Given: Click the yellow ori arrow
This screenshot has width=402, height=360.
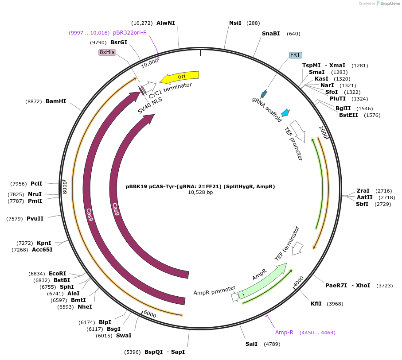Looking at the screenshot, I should coord(180,77).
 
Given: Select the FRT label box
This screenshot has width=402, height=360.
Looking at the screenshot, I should coord(295,55).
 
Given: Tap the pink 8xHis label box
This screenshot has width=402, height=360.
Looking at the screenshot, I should coord(107,52).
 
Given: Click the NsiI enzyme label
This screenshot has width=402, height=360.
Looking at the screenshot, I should coord(235,23).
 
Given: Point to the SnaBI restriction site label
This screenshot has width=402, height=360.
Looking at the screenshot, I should coord(271,34).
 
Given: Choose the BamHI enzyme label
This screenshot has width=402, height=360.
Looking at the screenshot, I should coord(56,101).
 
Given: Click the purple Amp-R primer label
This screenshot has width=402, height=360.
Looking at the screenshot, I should coord(284,332).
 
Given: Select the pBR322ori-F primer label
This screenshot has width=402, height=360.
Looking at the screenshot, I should coord(129,33).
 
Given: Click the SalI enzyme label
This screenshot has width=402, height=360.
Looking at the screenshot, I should coord(251,344).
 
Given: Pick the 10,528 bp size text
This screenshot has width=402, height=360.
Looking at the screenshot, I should coord(200,193).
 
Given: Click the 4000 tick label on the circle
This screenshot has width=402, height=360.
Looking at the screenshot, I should coord(298,281).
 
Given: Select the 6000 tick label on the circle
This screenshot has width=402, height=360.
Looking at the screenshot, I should coord(150,314).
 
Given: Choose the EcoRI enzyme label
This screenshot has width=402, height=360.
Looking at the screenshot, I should coord(57,274).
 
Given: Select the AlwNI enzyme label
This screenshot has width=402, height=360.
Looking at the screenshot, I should coord(166,23).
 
